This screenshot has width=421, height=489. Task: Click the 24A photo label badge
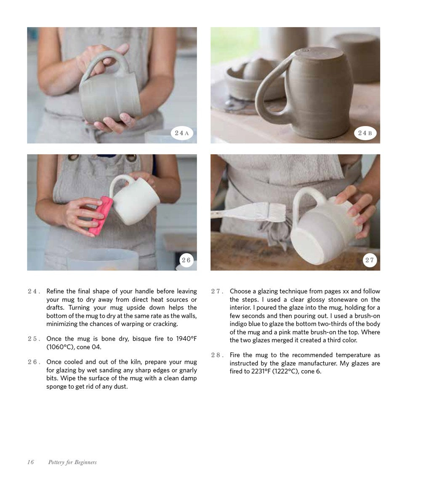[x=182, y=134]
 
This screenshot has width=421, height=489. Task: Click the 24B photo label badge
[x=365, y=134]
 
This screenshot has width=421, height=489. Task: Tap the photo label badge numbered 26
[x=186, y=260]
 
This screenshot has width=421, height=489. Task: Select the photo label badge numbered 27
[x=370, y=260]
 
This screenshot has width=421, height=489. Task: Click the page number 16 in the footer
[x=31, y=462]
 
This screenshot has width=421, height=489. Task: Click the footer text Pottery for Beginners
[x=72, y=462]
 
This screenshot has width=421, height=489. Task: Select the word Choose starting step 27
[x=241, y=291]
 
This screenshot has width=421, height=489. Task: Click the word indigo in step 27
[x=239, y=324]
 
